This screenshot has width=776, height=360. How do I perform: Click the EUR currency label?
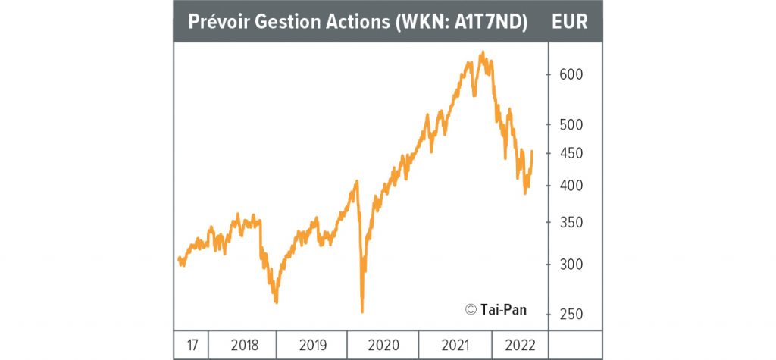tap(570, 20)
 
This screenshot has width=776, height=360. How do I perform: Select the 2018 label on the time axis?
tap(244, 345)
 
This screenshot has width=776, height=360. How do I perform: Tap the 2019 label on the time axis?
tap(313, 345)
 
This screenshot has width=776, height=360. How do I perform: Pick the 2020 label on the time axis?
tap(383, 345)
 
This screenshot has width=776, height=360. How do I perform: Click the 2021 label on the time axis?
tap(454, 345)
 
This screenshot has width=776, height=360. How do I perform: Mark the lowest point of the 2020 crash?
tap(362, 311)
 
